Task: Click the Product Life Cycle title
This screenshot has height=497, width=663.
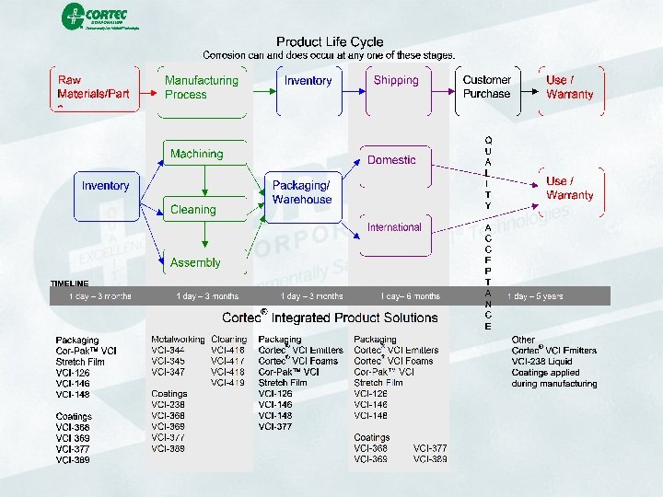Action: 330,41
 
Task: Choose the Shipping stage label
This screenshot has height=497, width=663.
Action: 396,81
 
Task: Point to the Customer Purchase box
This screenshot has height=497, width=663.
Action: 486,87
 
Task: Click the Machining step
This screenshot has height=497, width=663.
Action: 196,154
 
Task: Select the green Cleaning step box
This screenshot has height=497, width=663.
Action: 193,210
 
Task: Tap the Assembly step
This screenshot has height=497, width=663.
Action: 195,263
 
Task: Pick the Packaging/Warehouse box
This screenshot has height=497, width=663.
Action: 302,192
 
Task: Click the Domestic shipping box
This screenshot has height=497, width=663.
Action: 391,160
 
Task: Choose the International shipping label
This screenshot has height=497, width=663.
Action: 394,227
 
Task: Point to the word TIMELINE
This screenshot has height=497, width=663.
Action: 70,283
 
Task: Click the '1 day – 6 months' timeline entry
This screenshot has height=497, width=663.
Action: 411,296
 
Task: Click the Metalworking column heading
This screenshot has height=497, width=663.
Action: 178,340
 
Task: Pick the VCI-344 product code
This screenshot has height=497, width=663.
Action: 168,351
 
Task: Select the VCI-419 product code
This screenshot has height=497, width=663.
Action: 227,382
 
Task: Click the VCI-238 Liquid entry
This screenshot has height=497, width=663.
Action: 542,362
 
